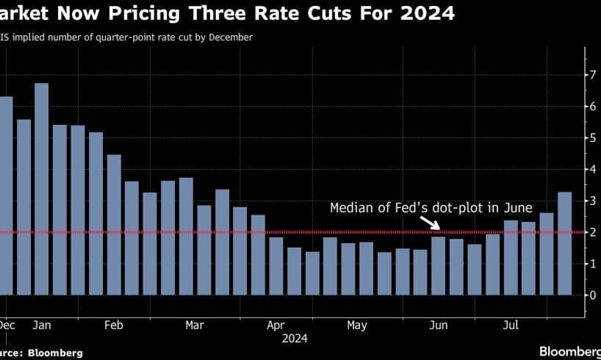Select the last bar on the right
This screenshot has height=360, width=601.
[564, 243]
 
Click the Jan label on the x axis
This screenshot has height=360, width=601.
[41, 325]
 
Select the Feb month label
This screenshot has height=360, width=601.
[114, 325]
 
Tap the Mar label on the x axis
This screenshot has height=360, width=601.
[195, 325]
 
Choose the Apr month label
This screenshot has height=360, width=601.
[276, 325]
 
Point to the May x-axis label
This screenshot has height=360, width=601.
[356, 325]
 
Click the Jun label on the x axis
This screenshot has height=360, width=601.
[438, 325]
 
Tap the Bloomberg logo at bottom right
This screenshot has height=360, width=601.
[569, 351]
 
